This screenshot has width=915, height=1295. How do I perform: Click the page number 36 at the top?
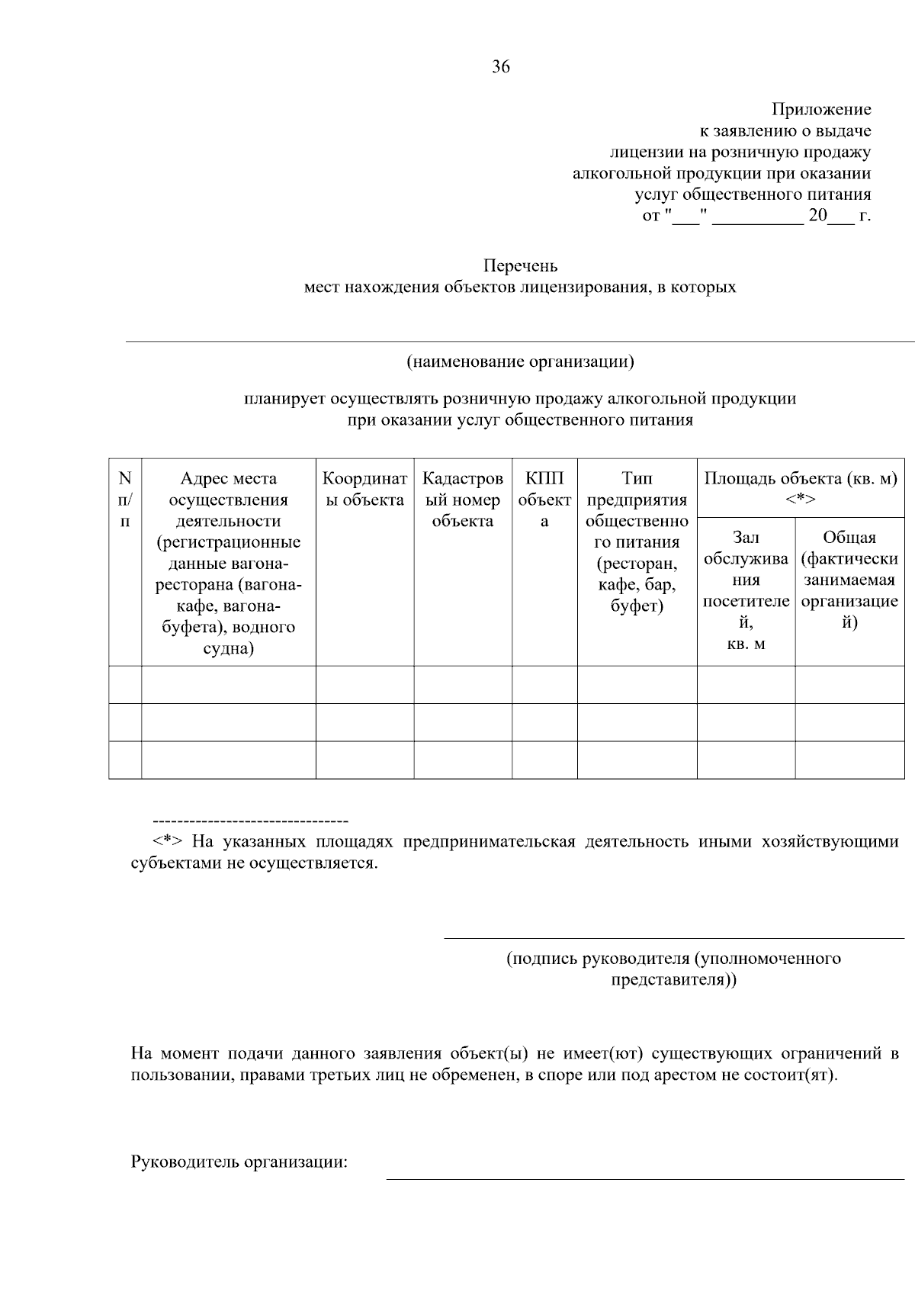pyautogui.click(x=501, y=66)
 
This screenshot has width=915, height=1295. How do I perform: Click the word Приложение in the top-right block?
pyautogui.click(x=820, y=110)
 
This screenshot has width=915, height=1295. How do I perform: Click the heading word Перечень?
pyautogui.click(x=520, y=266)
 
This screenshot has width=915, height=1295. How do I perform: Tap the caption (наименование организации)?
pyautogui.click(x=520, y=362)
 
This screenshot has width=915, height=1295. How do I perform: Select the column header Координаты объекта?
pyautogui.click(x=364, y=489)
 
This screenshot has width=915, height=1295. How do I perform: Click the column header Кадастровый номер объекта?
pyautogui.click(x=462, y=500)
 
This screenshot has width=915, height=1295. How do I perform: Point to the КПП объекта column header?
pyautogui.click(x=544, y=500)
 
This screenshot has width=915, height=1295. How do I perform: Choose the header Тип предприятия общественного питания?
pyautogui.click(x=637, y=542)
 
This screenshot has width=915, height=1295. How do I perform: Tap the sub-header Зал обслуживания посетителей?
pyautogui.click(x=746, y=590)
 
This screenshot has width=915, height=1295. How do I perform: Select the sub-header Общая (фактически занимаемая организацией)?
pyautogui.click(x=849, y=580)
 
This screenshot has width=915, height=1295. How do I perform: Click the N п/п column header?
pyautogui.click(x=125, y=500)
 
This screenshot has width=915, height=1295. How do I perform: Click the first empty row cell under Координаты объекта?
pyautogui.click(x=364, y=684)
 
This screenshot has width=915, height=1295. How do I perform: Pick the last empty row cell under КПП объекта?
pyautogui.click(x=544, y=760)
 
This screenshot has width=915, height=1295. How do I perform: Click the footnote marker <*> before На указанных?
pyautogui.click(x=166, y=842)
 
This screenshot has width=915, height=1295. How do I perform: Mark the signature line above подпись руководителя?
pyautogui.click(x=673, y=938)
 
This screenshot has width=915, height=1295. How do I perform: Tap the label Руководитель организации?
pyautogui.click(x=239, y=1163)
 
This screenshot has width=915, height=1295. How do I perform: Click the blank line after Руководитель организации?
pyautogui.click(x=644, y=1178)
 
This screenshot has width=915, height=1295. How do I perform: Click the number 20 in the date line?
pyautogui.click(x=817, y=216)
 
